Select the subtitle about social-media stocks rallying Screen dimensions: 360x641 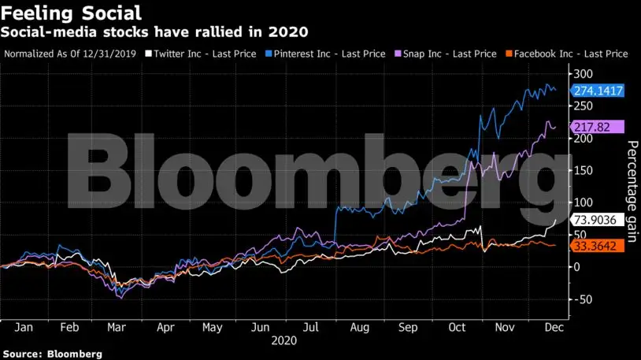155,32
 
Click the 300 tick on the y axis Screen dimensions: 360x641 583,73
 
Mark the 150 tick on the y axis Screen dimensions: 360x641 583,170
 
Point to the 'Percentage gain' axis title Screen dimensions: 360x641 631,190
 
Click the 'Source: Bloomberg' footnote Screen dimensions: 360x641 51,354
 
